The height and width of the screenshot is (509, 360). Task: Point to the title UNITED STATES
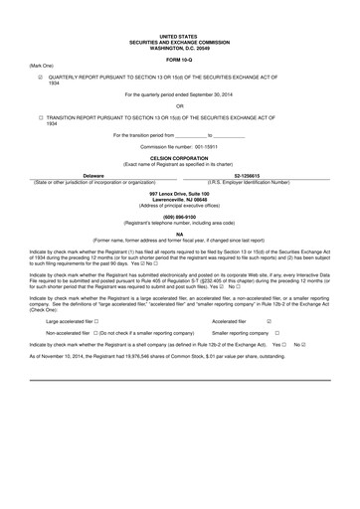(179, 35)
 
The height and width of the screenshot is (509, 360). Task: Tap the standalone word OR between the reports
(179, 105)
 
